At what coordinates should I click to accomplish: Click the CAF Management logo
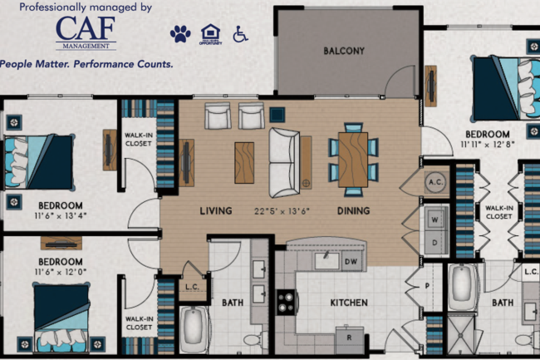(86, 33)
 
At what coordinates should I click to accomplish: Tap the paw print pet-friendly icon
(180, 34)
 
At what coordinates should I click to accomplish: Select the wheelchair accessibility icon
(240, 34)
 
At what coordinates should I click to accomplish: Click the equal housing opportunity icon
(210, 34)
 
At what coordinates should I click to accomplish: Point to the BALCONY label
(344, 51)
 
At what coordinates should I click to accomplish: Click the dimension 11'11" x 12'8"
(487, 144)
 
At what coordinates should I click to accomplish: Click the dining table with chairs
(353, 156)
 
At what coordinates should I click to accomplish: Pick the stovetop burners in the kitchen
(285, 303)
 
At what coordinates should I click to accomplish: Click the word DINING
(353, 211)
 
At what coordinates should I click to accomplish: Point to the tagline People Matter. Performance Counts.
(87, 64)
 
